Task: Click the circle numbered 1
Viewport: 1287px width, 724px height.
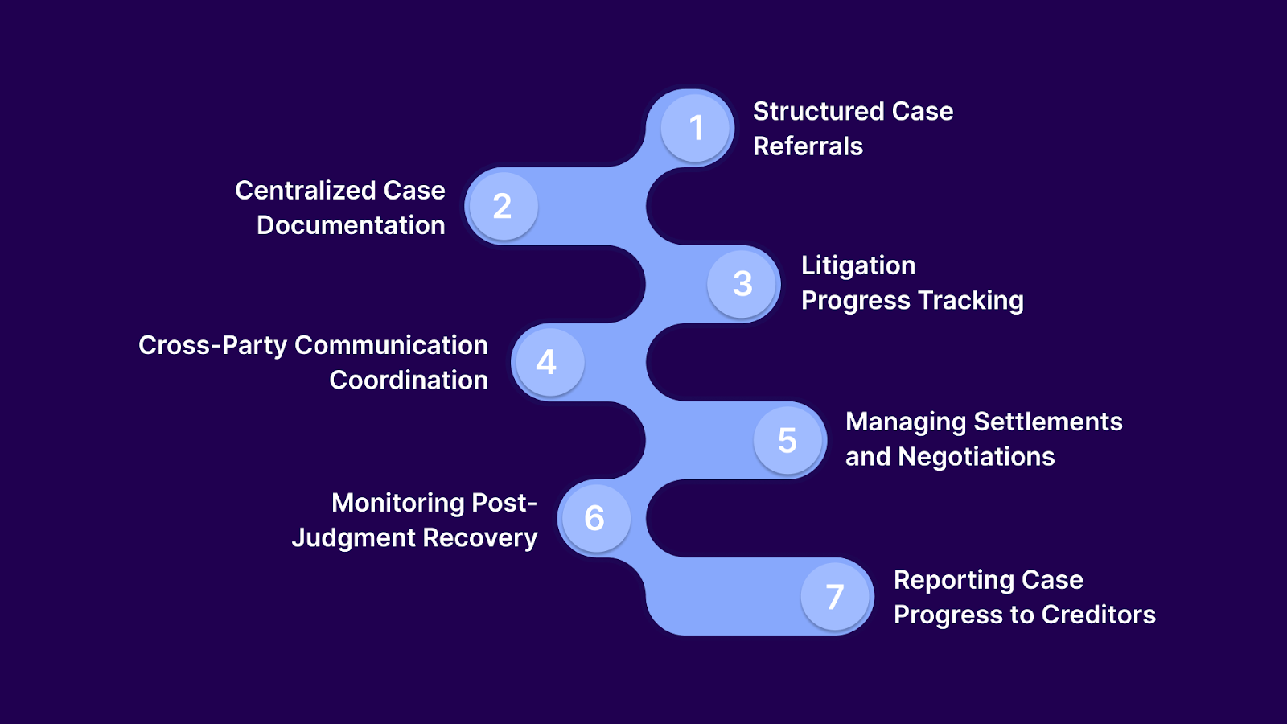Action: click(696, 128)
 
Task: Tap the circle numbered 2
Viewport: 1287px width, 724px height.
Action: click(503, 206)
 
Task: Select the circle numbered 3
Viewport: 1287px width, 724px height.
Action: click(742, 283)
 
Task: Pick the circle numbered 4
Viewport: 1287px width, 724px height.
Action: click(548, 362)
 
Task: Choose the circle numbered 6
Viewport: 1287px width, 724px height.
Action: click(594, 518)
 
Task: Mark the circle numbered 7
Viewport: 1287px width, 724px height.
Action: click(836, 596)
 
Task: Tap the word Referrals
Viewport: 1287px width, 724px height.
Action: click(808, 146)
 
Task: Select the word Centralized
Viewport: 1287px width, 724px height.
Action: click(305, 191)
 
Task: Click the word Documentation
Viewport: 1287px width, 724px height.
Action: click(351, 225)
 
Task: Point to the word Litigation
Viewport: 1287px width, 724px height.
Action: click(858, 265)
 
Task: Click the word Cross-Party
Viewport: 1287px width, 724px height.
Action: click(212, 345)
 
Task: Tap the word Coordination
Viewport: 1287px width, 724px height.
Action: click(409, 381)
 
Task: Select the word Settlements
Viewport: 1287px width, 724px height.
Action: click(1047, 422)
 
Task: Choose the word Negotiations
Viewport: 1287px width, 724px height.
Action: click(976, 457)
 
